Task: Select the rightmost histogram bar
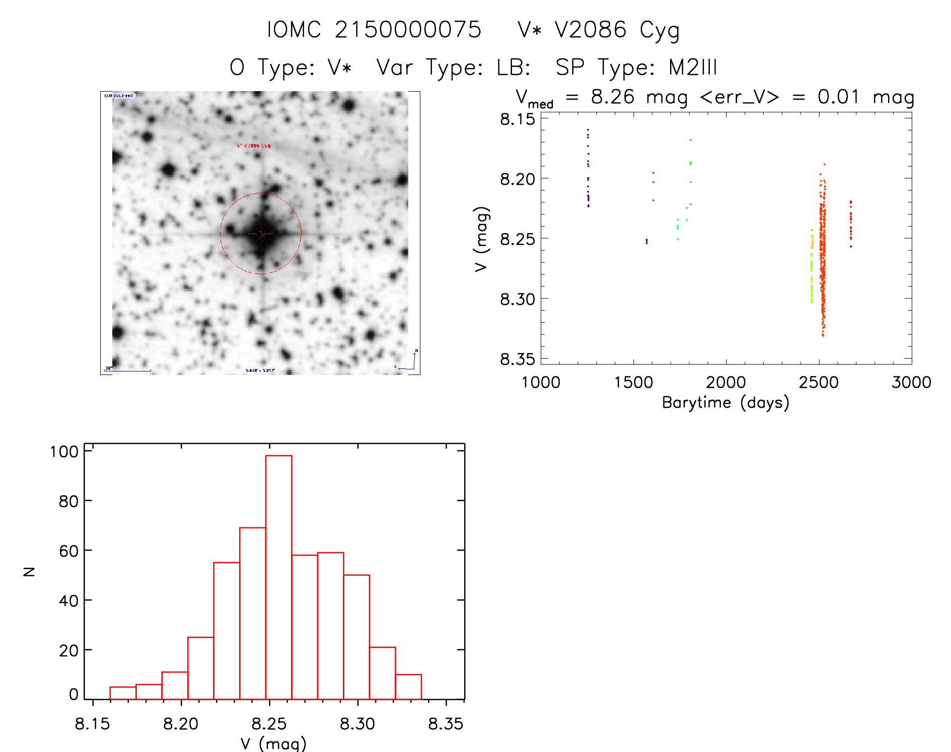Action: point(408,687)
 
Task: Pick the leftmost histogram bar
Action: point(123,693)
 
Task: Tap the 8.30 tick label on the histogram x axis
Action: point(357,724)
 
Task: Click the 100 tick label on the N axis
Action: point(64,452)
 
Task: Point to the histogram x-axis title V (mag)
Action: point(273,743)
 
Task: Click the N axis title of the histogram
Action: point(29,571)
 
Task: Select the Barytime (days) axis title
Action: point(725,403)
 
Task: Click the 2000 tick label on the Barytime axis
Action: point(726,383)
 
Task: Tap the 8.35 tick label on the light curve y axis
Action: point(517,359)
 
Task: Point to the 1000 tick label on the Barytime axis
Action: point(541,383)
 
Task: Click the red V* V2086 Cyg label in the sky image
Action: point(254,145)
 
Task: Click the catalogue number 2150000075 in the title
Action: point(408,30)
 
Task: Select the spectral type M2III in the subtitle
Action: point(693,67)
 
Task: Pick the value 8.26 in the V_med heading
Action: point(613,97)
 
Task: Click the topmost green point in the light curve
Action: point(690,140)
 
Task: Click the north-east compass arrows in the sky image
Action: point(410,361)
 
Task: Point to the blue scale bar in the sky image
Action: point(128,370)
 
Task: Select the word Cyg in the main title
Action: point(660,30)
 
